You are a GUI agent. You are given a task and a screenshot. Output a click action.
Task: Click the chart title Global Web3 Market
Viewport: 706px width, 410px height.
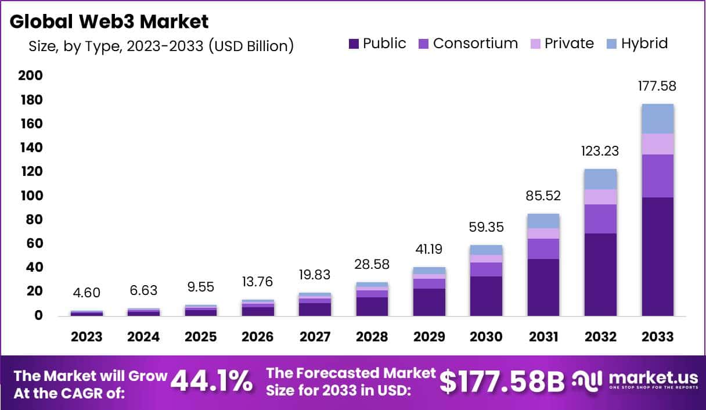[x=109, y=21]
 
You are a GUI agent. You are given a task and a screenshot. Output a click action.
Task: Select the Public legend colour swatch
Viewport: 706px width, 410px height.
[x=354, y=44]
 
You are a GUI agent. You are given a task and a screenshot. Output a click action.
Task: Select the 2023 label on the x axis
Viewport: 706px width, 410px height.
[x=87, y=337]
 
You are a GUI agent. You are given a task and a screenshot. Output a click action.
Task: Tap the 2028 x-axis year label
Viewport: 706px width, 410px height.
[x=371, y=337]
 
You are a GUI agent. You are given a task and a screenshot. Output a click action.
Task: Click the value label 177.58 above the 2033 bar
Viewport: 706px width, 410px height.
[x=657, y=87]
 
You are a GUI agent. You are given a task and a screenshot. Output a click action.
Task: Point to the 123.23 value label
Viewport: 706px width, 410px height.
[x=600, y=152]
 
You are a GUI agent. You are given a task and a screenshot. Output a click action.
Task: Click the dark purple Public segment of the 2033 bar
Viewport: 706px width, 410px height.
[x=657, y=256]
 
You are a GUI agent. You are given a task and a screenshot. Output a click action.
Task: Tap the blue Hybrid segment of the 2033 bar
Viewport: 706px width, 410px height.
[x=657, y=118]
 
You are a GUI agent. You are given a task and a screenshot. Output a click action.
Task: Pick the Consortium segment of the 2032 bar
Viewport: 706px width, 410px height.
[x=600, y=219]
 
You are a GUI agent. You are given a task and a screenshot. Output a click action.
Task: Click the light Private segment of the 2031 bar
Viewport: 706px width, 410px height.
[x=543, y=233]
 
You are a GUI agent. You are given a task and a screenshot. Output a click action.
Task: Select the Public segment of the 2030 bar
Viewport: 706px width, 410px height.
[x=486, y=296]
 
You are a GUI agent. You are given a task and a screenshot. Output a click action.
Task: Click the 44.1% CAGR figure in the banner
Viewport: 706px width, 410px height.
[x=212, y=382]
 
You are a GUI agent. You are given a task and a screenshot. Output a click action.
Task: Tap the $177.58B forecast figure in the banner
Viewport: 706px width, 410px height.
[x=502, y=382]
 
